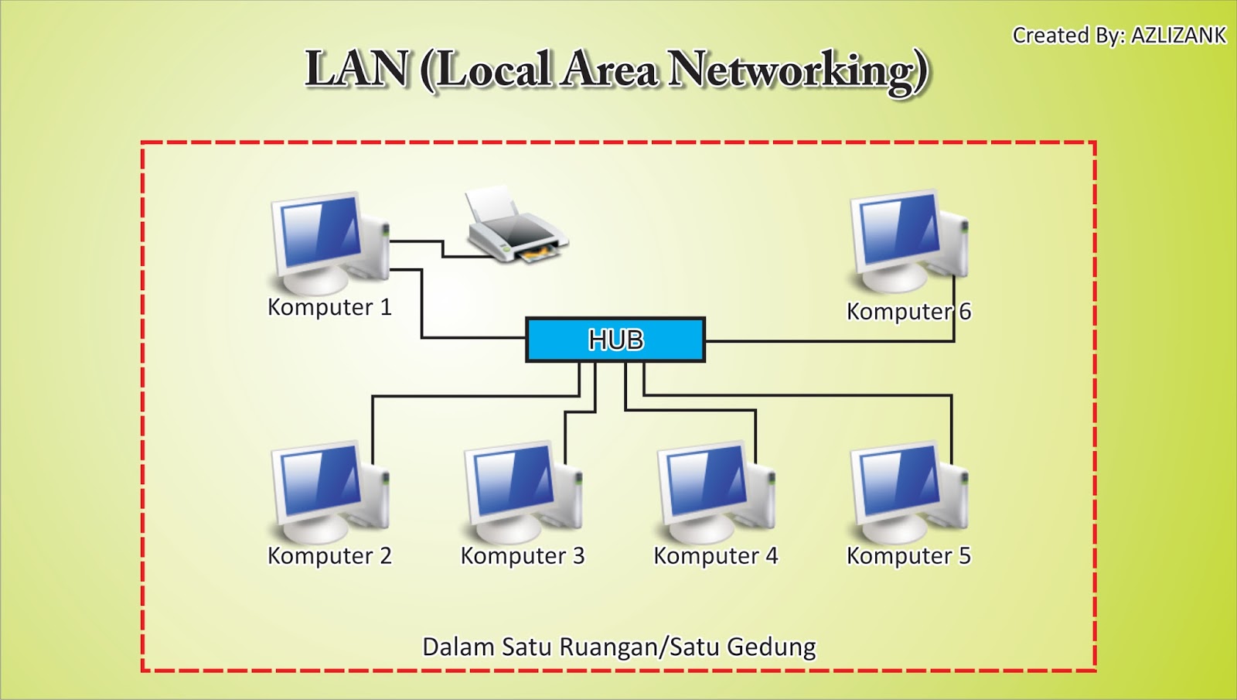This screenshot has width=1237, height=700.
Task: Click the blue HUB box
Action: [x=615, y=340]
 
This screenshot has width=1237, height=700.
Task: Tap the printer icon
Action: [x=514, y=227]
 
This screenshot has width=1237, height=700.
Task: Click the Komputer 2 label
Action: [x=329, y=555]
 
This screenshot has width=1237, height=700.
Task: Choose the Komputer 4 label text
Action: [x=715, y=555]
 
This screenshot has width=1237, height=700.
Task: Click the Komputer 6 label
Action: [x=908, y=311]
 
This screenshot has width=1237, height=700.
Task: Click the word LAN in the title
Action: [x=356, y=69]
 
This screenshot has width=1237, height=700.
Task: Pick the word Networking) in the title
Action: [x=798, y=70]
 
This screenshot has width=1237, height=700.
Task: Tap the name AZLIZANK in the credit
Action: [x=1178, y=36]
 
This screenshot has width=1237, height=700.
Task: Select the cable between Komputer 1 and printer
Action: [x=442, y=249]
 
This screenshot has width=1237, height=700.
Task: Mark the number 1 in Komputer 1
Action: [x=386, y=307]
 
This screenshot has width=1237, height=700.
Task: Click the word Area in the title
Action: [x=610, y=69]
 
